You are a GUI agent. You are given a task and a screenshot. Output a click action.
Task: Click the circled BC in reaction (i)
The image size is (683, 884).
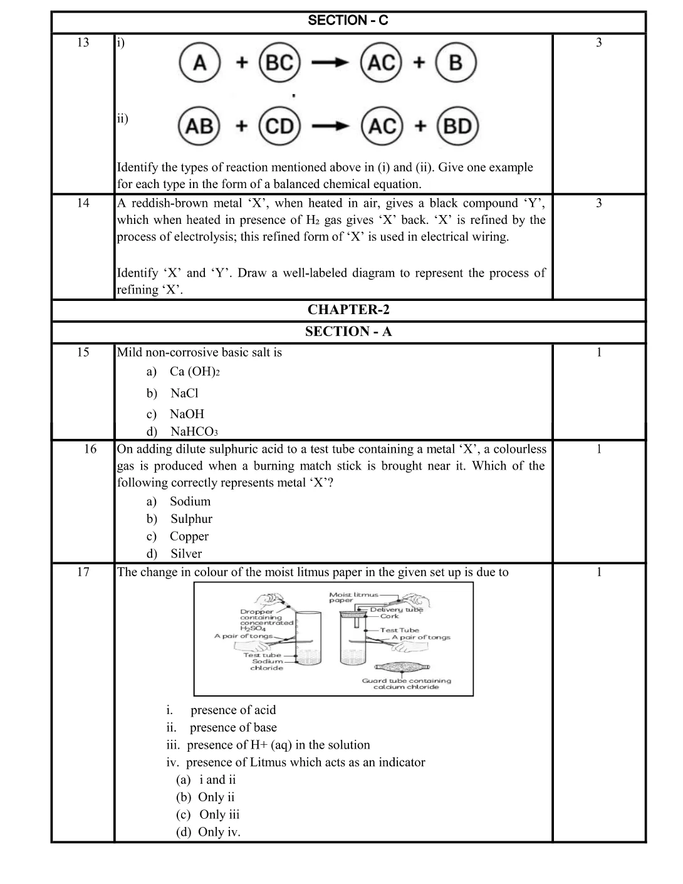pyautogui.click(x=279, y=63)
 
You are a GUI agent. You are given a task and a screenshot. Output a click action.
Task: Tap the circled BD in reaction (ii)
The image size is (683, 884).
pyautogui.click(x=457, y=126)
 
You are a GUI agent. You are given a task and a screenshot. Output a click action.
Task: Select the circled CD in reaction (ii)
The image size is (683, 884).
pyautogui.click(x=279, y=126)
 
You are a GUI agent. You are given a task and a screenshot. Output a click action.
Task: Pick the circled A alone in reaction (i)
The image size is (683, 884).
pyautogui.click(x=200, y=63)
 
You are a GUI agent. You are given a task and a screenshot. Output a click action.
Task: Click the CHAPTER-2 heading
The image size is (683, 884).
pyautogui.click(x=348, y=310)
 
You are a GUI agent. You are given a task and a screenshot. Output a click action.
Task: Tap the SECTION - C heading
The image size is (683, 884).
pyautogui.click(x=348, y=21)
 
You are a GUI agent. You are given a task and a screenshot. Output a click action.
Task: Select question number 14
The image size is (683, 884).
pyautogui.click(x=83, y=203)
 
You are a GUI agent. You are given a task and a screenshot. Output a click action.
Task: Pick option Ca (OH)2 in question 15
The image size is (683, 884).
pyautogui.click(x=194, y=371)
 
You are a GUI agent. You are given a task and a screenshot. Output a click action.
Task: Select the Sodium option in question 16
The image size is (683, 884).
pyautogui.click(x=190, y=501)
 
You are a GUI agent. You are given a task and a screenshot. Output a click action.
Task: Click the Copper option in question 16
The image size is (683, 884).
pyautogui.click(x=189, y=536)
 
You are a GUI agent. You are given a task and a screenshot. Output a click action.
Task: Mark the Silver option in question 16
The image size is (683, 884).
pyautogui.click(x=186, y=554)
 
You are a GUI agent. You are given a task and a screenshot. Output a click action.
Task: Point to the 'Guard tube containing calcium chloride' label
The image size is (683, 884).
pyautogui.click(x=406, y=683)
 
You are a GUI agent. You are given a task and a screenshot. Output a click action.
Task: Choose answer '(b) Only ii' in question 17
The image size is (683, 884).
pyautogui.click(x=206, y=797)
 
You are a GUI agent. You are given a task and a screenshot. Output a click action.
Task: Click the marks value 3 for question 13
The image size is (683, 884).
pyautogui.click(x=599, y=43)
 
